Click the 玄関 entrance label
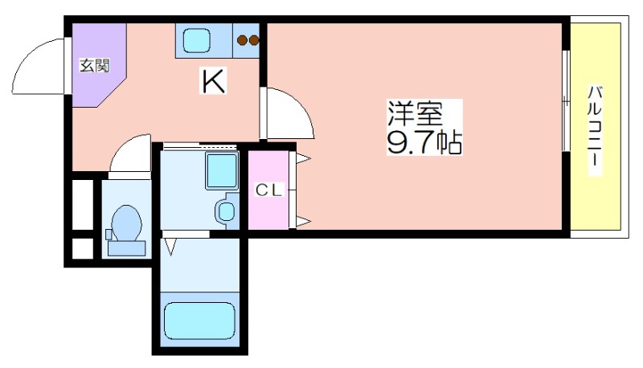pyautogui.click(x=94, y=66)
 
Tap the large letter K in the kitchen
pyautogui.click(x=213, y=81)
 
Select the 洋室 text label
pyautogui.click(x=416, y=113)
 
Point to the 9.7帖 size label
pyautogui.click(x=424, y=141)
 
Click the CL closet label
pyautogui.click(x=269, y=190)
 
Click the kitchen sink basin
pyautogui.click(x=197, y=40)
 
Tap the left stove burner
pyautogui.click(x=242, y=40)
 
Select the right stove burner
pyautogui.click(x=254, y=40)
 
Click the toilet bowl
pyautogui.click(x=127, y=223)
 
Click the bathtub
pyautogui.click(x=199, y=321)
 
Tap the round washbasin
pyautogui.click(x=226, y=211)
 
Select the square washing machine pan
pyautogui.click(x=222, y=171)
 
